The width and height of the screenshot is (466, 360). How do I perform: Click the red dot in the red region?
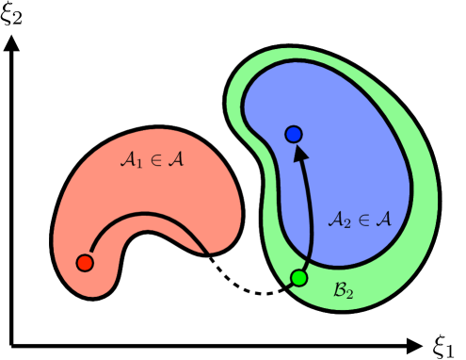(x=84, y=263)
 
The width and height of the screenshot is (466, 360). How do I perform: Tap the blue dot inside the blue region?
(x=293, y=136)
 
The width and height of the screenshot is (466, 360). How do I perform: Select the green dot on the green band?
(x=299, y=278)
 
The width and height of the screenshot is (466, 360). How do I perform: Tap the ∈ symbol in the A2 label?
(x=363, y=220)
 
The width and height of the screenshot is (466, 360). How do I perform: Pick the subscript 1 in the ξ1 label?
(x=450, y=351)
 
